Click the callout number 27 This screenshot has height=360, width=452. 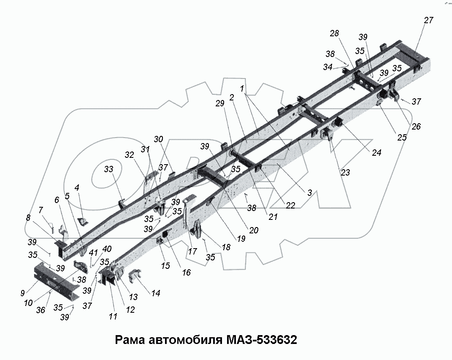pyautogui.click(x=428, y=20)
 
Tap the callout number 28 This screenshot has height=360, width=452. pyautogui.click(x=335, y=34)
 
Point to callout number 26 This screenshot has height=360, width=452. pyautogui.click(x=416, y=126)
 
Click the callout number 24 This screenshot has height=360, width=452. pyautogui.click(x=376, y=153)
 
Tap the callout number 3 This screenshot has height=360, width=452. pyautogui.click(x=309, y=192)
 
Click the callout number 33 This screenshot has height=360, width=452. pyautogui.click(x=109, y=170)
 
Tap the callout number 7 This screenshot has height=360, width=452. pyautogui.click(x=41, y=210)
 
